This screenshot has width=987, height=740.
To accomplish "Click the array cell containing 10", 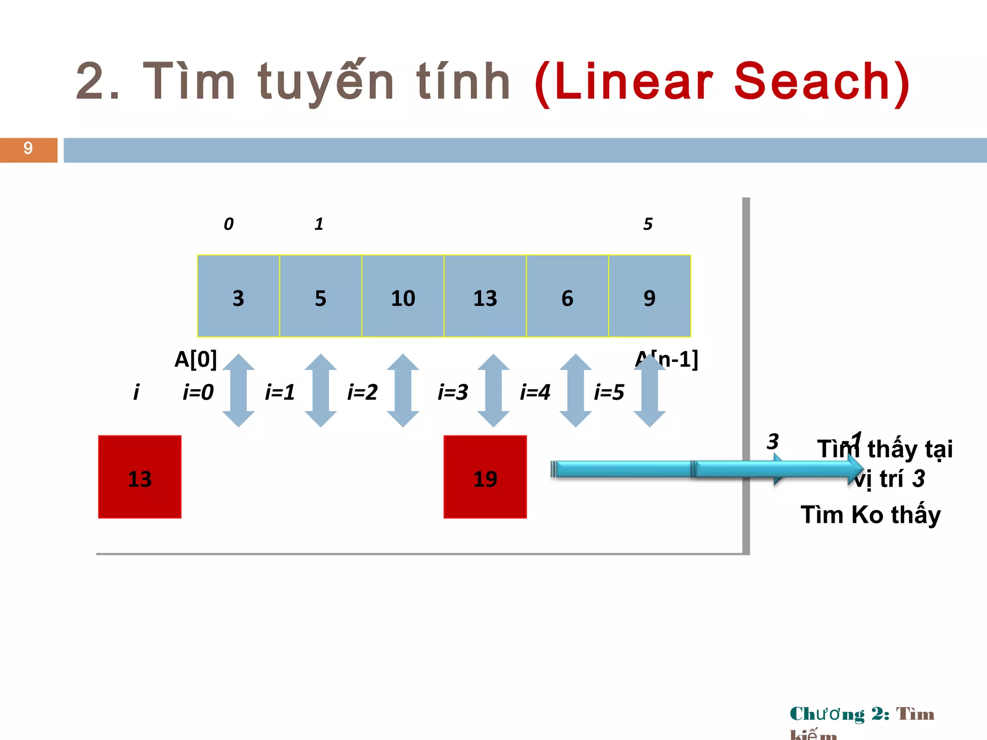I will coord(403,296).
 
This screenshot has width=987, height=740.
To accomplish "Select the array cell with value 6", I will coord(567,296).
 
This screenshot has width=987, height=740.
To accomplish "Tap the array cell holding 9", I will coord(650,296).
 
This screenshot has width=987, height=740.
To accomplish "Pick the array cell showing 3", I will coord(239,296).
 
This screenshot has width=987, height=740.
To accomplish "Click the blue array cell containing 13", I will coord(485,296).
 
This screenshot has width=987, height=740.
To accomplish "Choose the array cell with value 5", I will coord(320,296).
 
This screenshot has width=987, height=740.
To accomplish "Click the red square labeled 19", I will coord(485,477).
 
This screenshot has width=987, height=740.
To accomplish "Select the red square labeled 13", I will coord(140,477).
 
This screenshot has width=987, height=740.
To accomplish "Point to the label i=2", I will coord(362,392).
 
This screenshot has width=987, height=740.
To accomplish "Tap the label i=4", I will coord(535,392).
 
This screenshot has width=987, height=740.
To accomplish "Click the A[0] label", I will coord(196,359).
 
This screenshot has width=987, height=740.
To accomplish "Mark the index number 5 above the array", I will coord(648,224).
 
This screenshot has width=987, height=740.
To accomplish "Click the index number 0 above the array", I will coord(228,224).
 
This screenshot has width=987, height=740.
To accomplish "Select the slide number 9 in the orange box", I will coord(28,148).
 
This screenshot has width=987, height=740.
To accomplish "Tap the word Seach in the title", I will coord(812,82).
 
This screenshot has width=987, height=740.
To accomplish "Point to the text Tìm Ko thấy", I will coord(870,515).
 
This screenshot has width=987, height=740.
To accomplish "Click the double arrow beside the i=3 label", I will coord(493,390).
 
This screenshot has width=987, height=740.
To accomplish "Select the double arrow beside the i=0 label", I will coord(239,390).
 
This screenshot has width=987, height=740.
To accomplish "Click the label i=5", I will coord(609,392).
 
